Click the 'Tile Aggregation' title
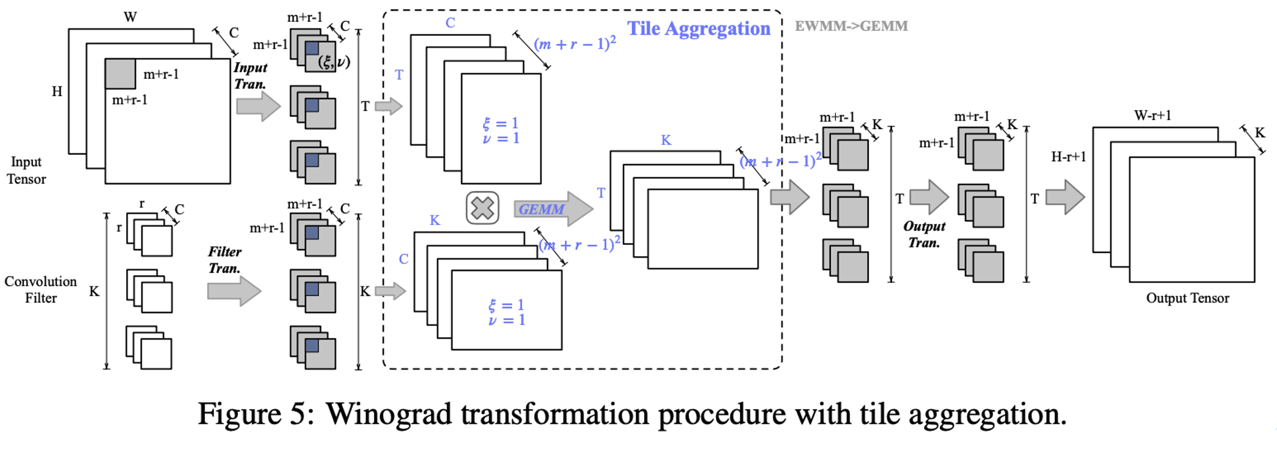(699, 29)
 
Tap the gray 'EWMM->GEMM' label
(851, 26)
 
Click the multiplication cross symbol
(483, 208)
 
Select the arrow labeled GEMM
(553, 209)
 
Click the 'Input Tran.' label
(250, 76)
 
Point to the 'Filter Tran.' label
(224, 260)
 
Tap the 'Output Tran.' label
(924, 235)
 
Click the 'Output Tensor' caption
(1187, 298)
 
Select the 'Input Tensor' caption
(26, 170)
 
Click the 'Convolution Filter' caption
(40, 290)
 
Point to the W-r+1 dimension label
(1152, 116)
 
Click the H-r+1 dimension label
(1068, 157)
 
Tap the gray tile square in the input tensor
(120, 74)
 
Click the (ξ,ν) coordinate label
(334, 62)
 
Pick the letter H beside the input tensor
(57, 91)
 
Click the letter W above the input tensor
(130, 17)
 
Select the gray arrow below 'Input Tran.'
(258, 106)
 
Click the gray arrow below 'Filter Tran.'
(234, 291)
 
